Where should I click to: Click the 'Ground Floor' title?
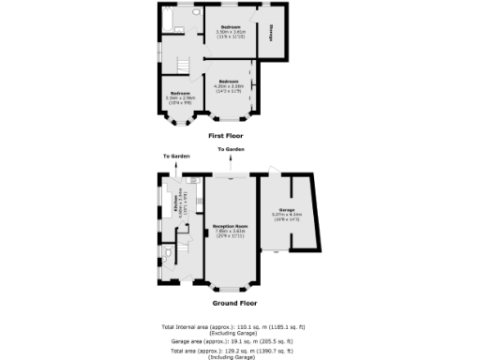(x=230, y=304)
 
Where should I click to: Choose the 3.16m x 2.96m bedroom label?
(x=178, y=95)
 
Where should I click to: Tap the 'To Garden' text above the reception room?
(x=231, y=150)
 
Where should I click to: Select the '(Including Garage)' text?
(x=230, y=355)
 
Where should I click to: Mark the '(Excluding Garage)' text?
(x=230, y=331)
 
